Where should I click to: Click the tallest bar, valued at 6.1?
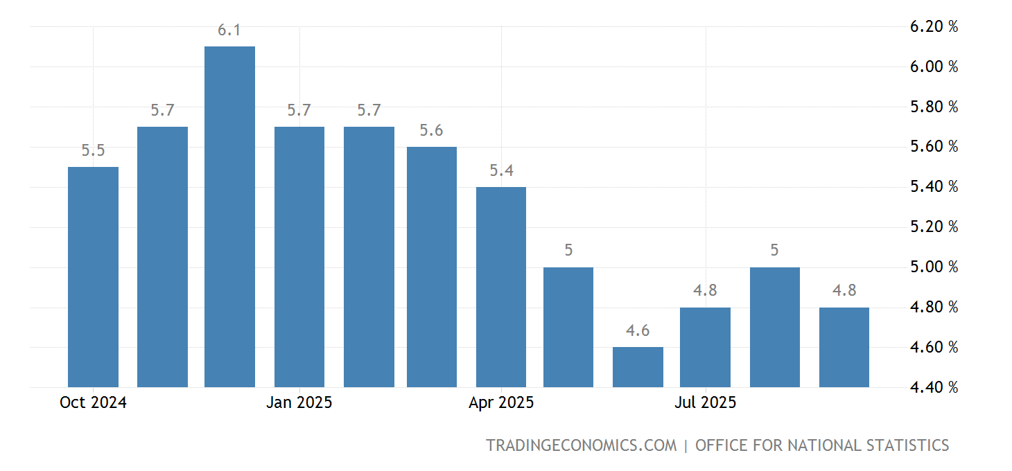(x=230, y=216)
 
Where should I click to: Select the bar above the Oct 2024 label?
(x=93, y=276)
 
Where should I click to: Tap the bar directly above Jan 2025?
(x=299, y=256)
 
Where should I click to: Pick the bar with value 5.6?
(x=431, y=267)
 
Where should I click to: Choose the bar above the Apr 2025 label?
(x=501, y=287)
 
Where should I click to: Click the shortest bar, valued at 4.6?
(x=638, y=366)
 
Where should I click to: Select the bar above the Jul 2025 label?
(x=705, y=347)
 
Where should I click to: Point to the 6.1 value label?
(x=230, y=30)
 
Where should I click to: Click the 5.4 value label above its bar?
(x=501, y=170)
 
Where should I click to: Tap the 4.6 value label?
(x=638, y=331)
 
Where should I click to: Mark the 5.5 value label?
(x=93, y=151)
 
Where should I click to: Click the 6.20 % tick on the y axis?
(x=934, y=27)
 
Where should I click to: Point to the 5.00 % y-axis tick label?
(x=934, y=267)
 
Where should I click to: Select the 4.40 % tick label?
(x=934, y=388)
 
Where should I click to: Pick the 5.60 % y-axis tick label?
(x=934, y=147)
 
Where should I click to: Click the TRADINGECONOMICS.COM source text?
(x=581, y=445)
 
